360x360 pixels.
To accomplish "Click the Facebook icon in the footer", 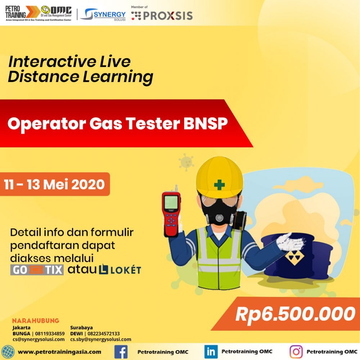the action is tap(121, 352).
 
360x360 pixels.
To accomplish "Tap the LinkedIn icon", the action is tap(211, 352).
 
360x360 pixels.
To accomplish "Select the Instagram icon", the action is tap(296, 352).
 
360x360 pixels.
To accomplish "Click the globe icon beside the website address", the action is tap(8, 352).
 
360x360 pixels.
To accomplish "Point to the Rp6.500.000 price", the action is tap(296, 314).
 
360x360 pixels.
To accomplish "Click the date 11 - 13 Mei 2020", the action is tap(54, 184).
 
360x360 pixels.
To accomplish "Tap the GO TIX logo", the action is tap(37, 270).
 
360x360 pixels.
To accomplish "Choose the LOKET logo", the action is tap(120, 269).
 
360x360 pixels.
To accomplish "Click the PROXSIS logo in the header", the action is tap(162, 15).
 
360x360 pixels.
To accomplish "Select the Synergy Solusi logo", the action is tap(103, 14).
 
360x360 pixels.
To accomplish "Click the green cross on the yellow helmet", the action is tap(219, 185).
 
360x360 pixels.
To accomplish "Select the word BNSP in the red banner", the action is tap(206, 123).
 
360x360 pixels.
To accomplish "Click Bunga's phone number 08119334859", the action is tap(50, 333).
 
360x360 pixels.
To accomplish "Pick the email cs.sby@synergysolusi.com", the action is tap(101, 339).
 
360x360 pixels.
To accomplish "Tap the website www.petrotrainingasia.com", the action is tap(59, 352).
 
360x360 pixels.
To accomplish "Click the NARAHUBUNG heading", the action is tap(36, 320).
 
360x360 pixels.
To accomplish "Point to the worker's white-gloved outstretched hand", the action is tap(291, 242).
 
